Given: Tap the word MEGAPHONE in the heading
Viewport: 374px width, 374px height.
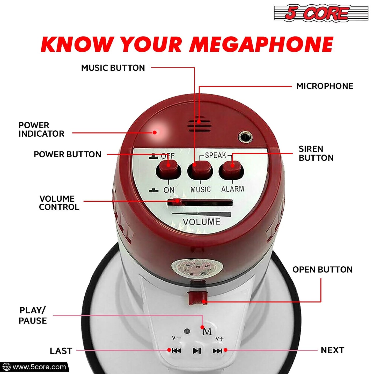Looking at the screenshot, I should tap(261, 45).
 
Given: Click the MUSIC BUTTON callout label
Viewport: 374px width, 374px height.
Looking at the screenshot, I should tap(113, 68).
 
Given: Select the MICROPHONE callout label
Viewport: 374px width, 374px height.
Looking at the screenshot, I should tap(325, 86).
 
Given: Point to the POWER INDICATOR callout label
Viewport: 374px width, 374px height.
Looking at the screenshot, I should tap(41, 129).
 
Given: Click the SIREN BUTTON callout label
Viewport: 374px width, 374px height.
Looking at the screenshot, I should tap(316, 153).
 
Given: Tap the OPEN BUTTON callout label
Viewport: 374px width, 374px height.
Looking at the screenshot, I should tap(322, 270).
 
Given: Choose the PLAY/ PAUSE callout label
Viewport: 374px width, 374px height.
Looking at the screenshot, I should tap(33, 316).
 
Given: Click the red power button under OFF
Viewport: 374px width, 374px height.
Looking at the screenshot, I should tap(168, 169).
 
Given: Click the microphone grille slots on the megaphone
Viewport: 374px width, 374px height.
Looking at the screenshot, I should tap(199, 125).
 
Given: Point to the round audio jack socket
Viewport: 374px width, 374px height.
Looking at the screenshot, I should tap(245, 136).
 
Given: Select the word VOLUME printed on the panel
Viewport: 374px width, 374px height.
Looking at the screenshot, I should tap(201, 222).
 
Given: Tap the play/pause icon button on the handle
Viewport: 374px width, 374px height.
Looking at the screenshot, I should tap(197, 351).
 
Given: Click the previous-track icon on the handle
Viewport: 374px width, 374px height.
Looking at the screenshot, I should tap(177, 351).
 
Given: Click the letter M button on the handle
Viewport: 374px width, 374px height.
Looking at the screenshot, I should tap(207, 332).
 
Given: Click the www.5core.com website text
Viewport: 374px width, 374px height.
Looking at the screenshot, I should tap(39, 367).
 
